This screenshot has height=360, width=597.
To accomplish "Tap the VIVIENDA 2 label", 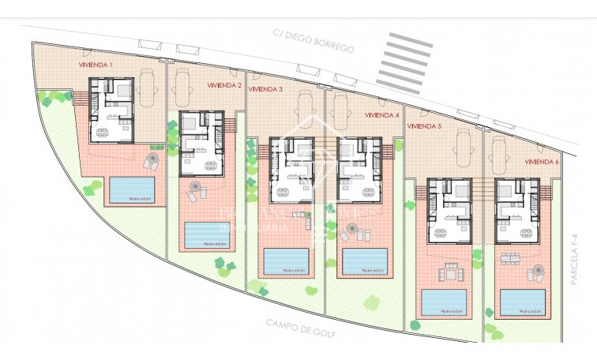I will [223, 85].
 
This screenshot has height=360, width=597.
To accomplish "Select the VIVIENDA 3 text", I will [265, 89].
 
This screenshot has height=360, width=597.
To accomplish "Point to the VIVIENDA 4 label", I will [382, 114].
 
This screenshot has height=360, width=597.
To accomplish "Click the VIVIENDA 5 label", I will [423, 125].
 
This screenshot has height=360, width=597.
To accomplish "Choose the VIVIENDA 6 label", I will [542, 161].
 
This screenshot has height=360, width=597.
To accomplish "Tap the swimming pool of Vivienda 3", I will [286, 261].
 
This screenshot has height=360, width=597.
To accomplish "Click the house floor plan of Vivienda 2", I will [201, 143].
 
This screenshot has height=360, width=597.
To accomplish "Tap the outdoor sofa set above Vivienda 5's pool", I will [448, 272].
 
